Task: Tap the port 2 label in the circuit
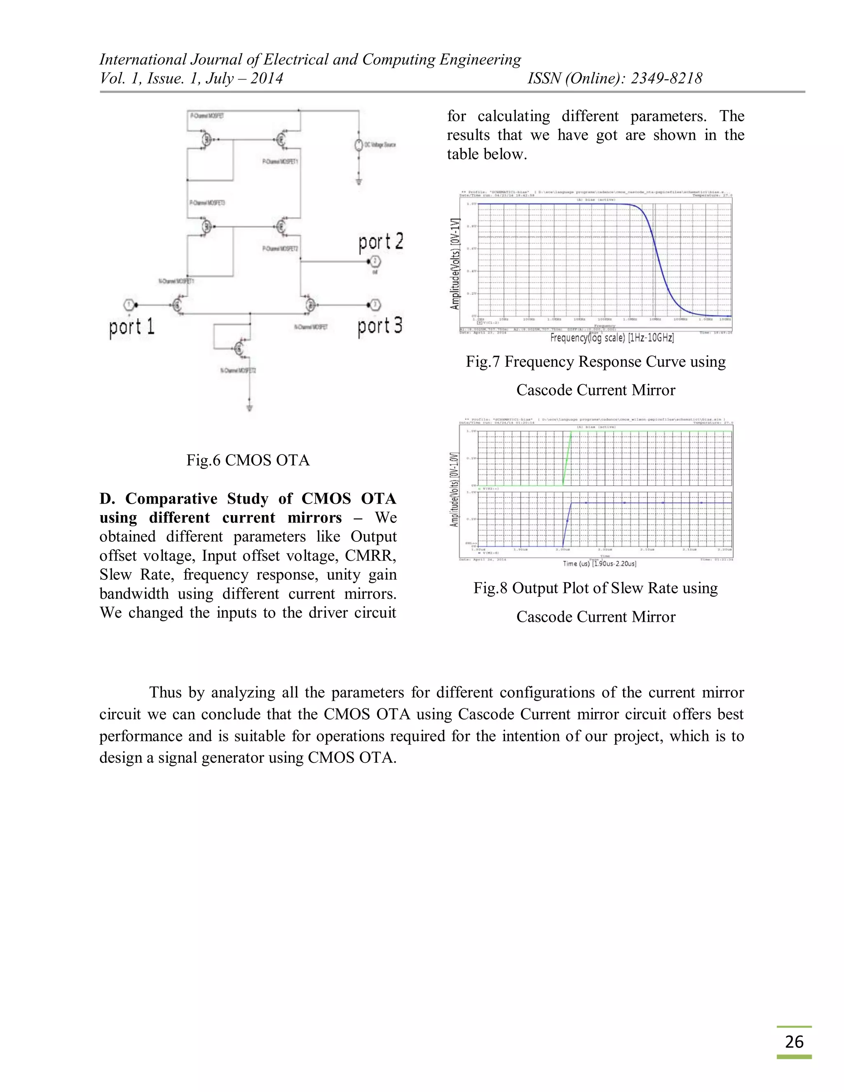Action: [380, 241]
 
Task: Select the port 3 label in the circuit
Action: [380, 326]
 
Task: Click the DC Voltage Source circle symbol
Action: [359, 145]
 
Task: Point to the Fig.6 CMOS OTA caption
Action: [248, 460]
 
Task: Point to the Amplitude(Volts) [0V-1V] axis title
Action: [455, 263]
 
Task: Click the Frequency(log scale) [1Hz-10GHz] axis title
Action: [612, 338]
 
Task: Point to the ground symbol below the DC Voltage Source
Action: [359, 180]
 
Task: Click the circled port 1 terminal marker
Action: [129, 305]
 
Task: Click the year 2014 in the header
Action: [267, 78]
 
